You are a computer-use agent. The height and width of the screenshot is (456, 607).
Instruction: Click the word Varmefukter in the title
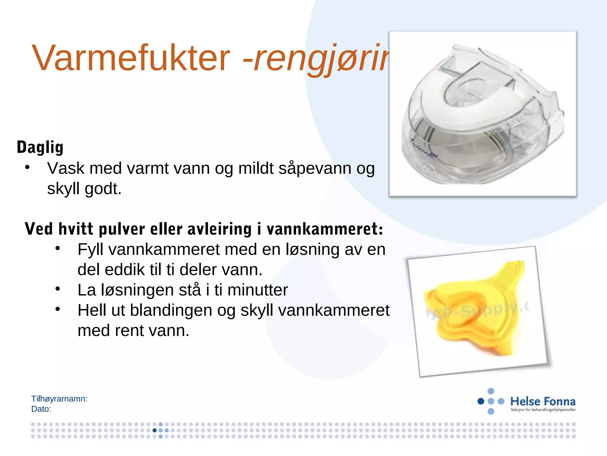pos(130,58)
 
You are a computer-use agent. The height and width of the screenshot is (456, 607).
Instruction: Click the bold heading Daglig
pos(40,147)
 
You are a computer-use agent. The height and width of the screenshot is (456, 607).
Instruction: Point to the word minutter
pos(258,290)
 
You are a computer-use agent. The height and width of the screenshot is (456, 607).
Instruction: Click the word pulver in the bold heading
pos(122,229)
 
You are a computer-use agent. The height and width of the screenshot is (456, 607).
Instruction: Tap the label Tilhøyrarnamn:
pos(59,399)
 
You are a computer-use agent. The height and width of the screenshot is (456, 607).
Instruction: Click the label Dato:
pos(41,409)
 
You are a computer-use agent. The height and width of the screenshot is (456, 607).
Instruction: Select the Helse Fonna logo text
pos(543,401)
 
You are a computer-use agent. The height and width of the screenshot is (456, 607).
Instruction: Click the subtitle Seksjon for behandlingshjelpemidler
pos(543,410)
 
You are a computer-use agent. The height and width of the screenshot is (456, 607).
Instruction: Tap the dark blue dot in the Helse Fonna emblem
pos(481,401)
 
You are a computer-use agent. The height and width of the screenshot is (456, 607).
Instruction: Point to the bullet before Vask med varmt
pos(27,167)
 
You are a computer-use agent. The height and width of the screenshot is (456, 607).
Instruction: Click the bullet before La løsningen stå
pos(58,289)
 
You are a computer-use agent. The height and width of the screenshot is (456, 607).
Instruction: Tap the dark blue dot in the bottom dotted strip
pos(154,430)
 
